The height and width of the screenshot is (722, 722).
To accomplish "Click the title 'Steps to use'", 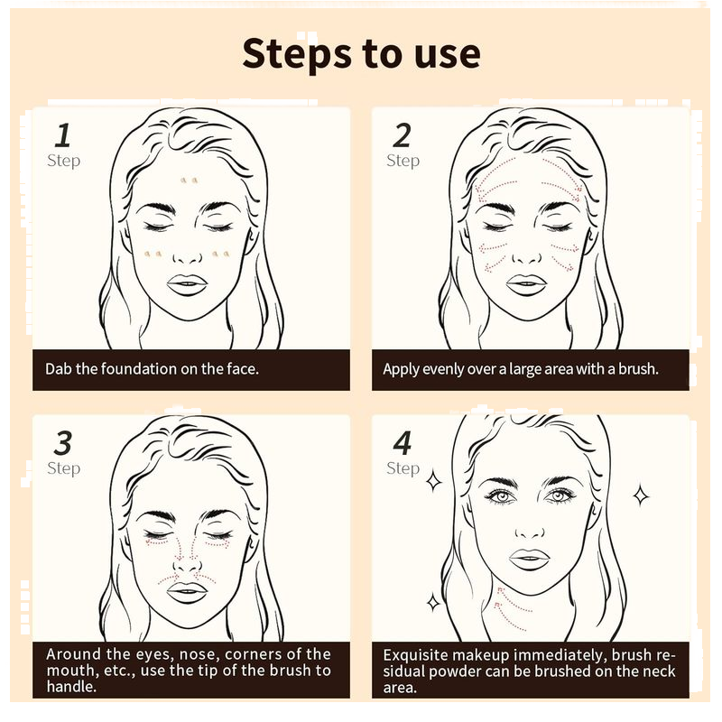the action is (x=361, y=55).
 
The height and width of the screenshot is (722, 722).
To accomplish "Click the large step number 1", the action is (x=63, y=135).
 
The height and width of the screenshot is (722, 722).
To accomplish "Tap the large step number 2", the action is (x=402, y=135).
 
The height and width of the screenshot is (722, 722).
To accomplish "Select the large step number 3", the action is (x=63, y=443).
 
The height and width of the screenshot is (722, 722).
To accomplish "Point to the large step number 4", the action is (x=403, y=443).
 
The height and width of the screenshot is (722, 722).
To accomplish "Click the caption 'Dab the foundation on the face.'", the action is (x=152, y=369).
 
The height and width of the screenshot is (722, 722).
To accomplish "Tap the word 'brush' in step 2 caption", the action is (x=637, y=369).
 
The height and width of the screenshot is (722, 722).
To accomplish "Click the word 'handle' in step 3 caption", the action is (x=71, y=687).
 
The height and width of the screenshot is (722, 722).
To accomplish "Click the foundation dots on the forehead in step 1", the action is (x=189, y=180).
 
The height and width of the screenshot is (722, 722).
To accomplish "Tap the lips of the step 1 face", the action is (x=187, y=284).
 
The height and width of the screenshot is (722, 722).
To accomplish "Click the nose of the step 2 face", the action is (x=527, y=255).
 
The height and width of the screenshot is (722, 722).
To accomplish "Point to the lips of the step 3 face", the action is (x=187, y=592).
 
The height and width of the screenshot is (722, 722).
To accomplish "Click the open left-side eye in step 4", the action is (x=500, y=496).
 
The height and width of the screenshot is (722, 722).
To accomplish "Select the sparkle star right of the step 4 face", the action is (x=641, y=495).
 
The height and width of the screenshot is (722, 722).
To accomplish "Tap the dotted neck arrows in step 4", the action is (x=511, y=608).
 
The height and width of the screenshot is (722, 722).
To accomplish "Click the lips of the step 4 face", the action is (x=530, y=559).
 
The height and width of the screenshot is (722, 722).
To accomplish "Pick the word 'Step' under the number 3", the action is (x=63, y=468).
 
